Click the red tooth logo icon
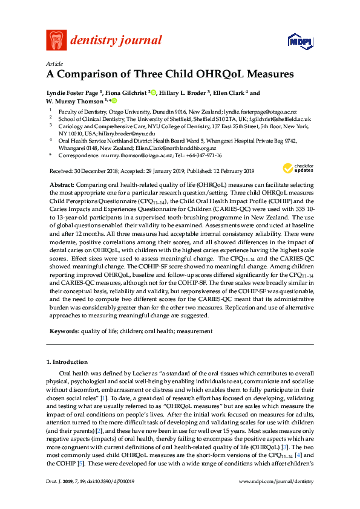56,40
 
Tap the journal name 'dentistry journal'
116,41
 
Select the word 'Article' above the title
54,63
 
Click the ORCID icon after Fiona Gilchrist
154,93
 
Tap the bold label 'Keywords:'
63,332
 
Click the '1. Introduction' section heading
67,361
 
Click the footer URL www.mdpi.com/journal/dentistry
277,498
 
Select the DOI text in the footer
112,498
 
